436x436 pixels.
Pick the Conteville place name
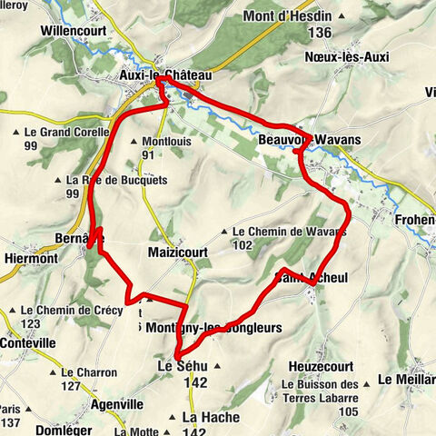click(x=28, y=343)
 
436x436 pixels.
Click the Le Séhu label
click(x=183, y=365)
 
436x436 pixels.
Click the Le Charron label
click(x=88, y=372)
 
